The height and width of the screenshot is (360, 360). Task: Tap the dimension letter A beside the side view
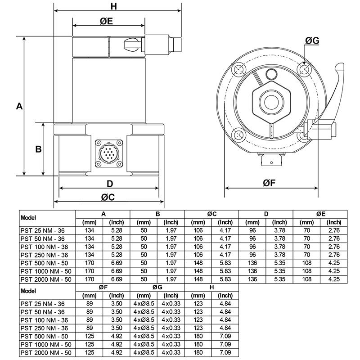(x=19, y=106)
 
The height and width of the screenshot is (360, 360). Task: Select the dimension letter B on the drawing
(x=39, y=149)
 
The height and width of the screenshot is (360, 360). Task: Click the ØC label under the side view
(x=108, y=197)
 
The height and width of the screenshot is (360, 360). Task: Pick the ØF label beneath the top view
(x=272, y=183)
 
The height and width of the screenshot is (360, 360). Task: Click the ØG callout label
(x=312, y=41)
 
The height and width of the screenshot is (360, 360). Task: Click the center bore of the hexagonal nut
(x=271, y=99)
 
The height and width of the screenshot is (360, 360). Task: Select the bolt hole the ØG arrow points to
(x=304, y=69)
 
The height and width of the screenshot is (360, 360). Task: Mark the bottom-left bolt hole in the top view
(x=238, y=134)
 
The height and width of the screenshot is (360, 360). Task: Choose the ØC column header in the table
(x=211, y=214)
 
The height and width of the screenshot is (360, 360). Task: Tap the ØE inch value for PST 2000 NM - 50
(x=333, y=279)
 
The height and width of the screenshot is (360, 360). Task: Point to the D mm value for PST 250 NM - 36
(x=252, y=255)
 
